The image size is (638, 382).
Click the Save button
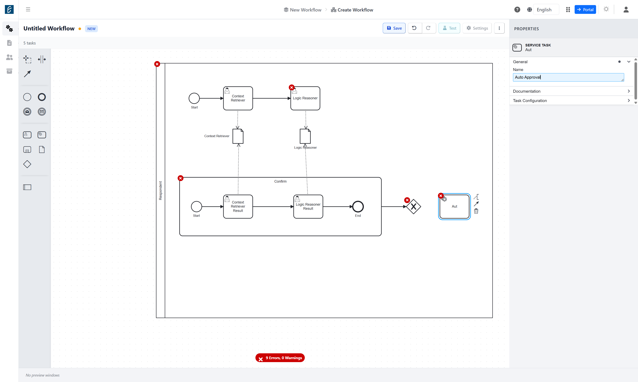(394, 28)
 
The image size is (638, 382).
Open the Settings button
(477, 28)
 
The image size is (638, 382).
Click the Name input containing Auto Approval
(568, 77)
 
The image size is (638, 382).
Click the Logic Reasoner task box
(305, 98)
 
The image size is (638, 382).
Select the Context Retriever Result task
(238, 206)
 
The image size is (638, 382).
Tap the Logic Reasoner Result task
(308, 206)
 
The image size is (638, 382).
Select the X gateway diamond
(413, 206)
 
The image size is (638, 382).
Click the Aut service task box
(454, 206)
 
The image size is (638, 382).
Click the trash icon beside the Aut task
(476, 211)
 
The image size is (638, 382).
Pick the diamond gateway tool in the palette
(27, 164)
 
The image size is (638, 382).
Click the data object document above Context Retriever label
(238, 136)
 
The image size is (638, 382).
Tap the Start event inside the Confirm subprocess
(197, 206)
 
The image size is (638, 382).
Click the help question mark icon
(517, 10)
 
